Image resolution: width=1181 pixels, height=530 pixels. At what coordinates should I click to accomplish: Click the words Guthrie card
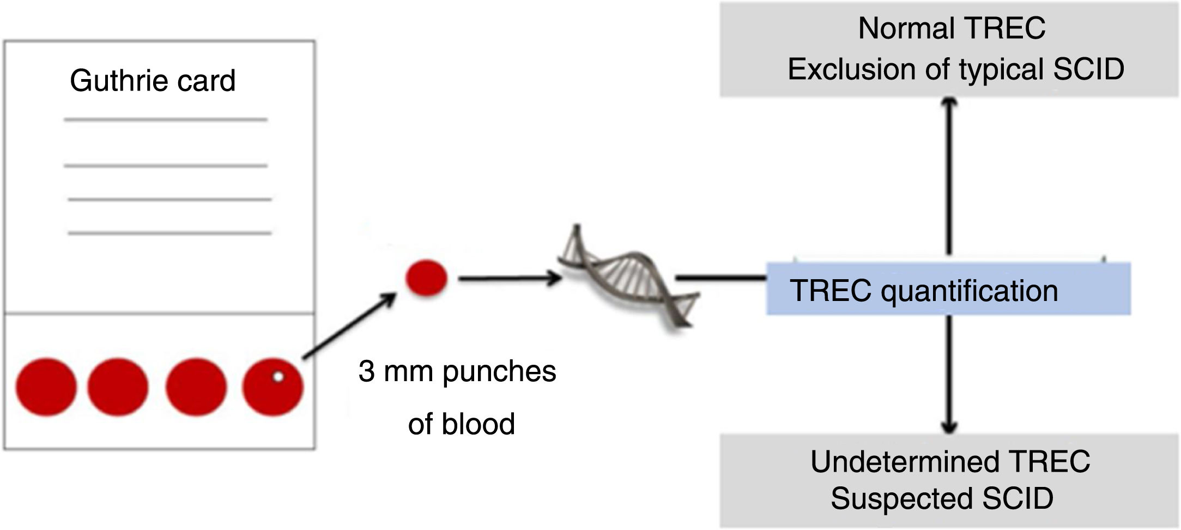(153, 81)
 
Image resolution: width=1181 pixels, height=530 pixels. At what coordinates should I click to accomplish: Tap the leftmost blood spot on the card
(46, 387)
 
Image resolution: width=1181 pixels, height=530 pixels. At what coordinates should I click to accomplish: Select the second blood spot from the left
(118, 387)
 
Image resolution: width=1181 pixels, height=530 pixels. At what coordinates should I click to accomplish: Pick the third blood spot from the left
(196, 387)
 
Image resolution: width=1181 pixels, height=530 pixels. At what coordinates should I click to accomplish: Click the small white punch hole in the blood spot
(278, 376)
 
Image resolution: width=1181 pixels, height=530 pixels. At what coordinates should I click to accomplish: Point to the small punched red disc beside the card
(426, 278)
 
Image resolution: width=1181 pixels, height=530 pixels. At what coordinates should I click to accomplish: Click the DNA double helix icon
(627, 275)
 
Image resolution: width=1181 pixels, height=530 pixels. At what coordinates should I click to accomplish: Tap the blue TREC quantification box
(948, 289)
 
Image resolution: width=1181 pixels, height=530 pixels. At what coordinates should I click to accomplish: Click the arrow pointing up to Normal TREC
(949, 176)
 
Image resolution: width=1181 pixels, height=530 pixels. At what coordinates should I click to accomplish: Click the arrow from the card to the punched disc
(349, 326)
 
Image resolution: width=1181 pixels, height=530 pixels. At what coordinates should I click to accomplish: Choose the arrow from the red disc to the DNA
(510, 279)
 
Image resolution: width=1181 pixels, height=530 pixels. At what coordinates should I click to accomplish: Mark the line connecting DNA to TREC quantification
(721, 278)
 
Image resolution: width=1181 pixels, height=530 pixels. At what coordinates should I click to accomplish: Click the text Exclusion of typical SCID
(956, 69)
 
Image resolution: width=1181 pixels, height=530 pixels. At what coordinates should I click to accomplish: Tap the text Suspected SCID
(942, 498)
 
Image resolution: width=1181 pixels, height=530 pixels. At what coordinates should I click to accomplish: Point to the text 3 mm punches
(457, 372)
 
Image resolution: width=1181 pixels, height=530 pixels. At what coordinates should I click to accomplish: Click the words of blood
(462, 424)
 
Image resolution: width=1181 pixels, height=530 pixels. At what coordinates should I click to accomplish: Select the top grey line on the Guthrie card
(166, 119)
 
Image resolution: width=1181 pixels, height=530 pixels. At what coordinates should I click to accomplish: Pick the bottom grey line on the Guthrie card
(169, 233)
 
